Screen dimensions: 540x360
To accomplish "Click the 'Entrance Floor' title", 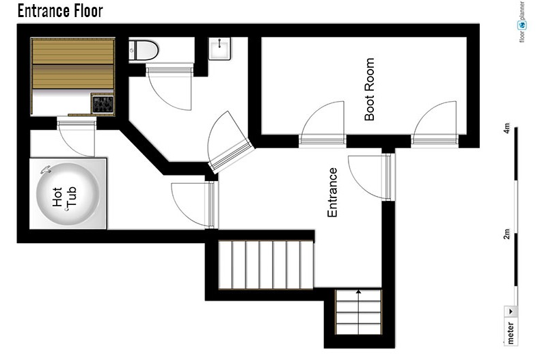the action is point(60,11).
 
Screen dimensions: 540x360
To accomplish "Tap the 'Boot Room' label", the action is point(369,89).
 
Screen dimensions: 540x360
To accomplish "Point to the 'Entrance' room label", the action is point(332,193).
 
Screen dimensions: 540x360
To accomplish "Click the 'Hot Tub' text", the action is point(64,197).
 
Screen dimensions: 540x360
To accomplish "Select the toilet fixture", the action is point(144,51).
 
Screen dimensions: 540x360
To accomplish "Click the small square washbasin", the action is point(219,49).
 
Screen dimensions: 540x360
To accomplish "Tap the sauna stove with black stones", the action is point(103,105).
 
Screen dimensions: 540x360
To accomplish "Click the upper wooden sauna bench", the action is point(73,51).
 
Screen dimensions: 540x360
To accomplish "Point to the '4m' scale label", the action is point(507,128).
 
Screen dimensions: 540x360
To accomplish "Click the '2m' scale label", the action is point(507,234).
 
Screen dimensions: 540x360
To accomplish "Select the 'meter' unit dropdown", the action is point(511,324).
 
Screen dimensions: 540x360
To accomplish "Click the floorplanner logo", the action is point(522,22).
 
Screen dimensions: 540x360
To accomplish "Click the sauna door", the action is point(76,137).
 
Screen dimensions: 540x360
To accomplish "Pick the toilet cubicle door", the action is point(169,87).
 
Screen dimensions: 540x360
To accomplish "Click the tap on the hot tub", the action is point(46,169).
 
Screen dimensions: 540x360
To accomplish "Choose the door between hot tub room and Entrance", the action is point(195,205).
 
